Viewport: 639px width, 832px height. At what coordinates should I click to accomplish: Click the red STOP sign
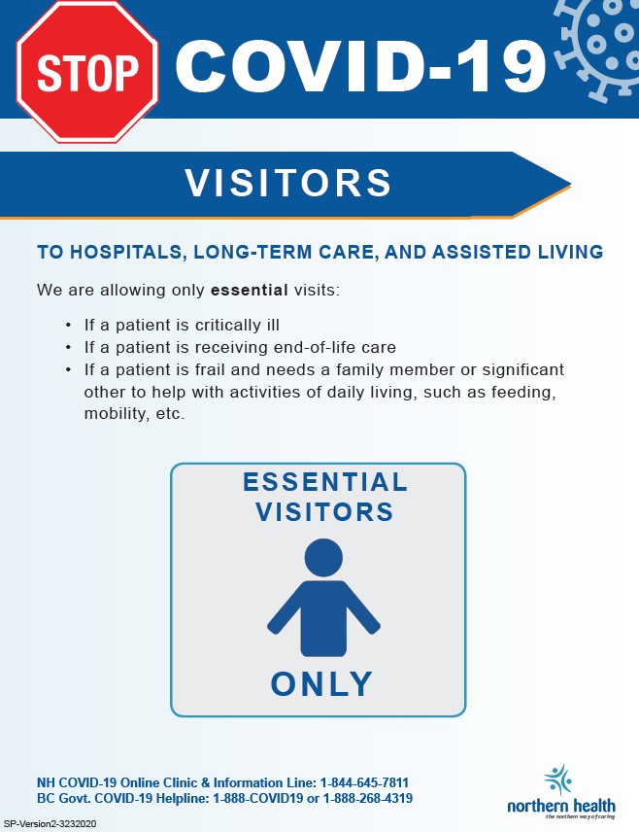(87, 72)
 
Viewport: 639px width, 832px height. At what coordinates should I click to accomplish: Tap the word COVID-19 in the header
(360, 66)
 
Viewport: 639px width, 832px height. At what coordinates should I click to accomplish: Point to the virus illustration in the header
(598, 49)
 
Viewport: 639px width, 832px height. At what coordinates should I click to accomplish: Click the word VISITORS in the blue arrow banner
(288, 183)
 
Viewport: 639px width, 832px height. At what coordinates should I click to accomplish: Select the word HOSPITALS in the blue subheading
(127, 252)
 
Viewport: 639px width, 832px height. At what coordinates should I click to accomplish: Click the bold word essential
(250, 291)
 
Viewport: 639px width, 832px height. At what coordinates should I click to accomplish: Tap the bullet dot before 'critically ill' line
(68, 325)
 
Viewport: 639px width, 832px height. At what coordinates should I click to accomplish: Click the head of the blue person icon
(323, 558)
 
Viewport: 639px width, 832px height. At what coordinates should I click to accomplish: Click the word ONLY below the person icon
(321, 684)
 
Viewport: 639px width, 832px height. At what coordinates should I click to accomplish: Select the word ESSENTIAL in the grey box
(325, 482)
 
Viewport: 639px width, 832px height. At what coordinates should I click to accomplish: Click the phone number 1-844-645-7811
(364, 782)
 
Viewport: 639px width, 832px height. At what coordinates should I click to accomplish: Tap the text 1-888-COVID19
(258, 798)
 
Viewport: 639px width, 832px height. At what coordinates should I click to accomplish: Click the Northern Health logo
(561, 793)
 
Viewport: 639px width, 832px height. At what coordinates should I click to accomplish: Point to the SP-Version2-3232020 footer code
(50, 824)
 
